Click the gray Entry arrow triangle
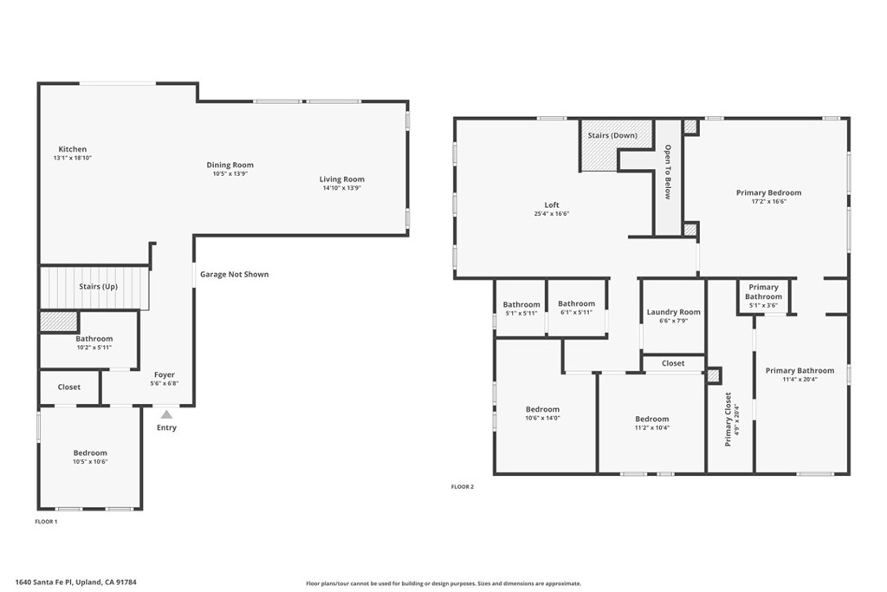pos(166,415)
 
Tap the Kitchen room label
pos(73,149)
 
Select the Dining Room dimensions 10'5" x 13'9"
pos(230,173)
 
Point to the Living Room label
pos(341,179)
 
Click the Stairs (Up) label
pos(99,286)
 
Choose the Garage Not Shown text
pos(234,275)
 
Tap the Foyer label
pos(165,374)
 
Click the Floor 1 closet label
pos(69,387)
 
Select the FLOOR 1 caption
pos(47,522)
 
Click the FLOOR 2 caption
pos(463,487)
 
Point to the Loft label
pos(552,205)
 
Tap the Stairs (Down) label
pos(612,136)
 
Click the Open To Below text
pos(668,172)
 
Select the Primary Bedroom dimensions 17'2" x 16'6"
pos(769,201)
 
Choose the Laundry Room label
pos(673,312)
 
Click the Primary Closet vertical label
pos(728,420)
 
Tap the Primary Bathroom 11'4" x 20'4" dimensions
pos(800,379)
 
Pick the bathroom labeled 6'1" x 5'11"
pos(576,308)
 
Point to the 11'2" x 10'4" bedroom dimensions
pos(652,428)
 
